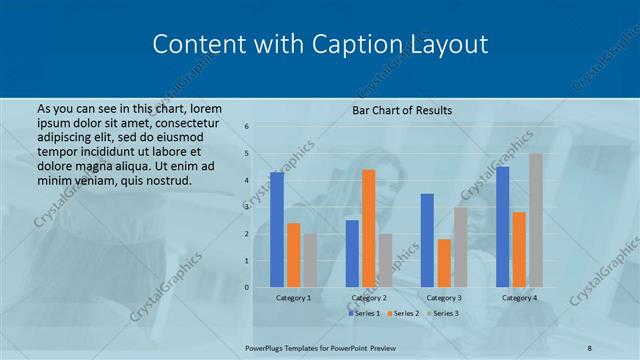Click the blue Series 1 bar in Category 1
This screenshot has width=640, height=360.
point(277,230)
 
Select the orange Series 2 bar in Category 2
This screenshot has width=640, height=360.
point(368,228)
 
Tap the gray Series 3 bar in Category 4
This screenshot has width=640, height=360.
point(536,220)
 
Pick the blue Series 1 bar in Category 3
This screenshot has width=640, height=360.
point(427,240)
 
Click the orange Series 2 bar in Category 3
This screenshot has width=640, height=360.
point(444,263)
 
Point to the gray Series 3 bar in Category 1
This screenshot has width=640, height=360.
point(310,260)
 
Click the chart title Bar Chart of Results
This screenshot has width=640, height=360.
point(402,109)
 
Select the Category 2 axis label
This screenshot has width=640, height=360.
point(369,298)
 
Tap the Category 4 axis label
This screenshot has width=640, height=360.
point(519,298)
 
